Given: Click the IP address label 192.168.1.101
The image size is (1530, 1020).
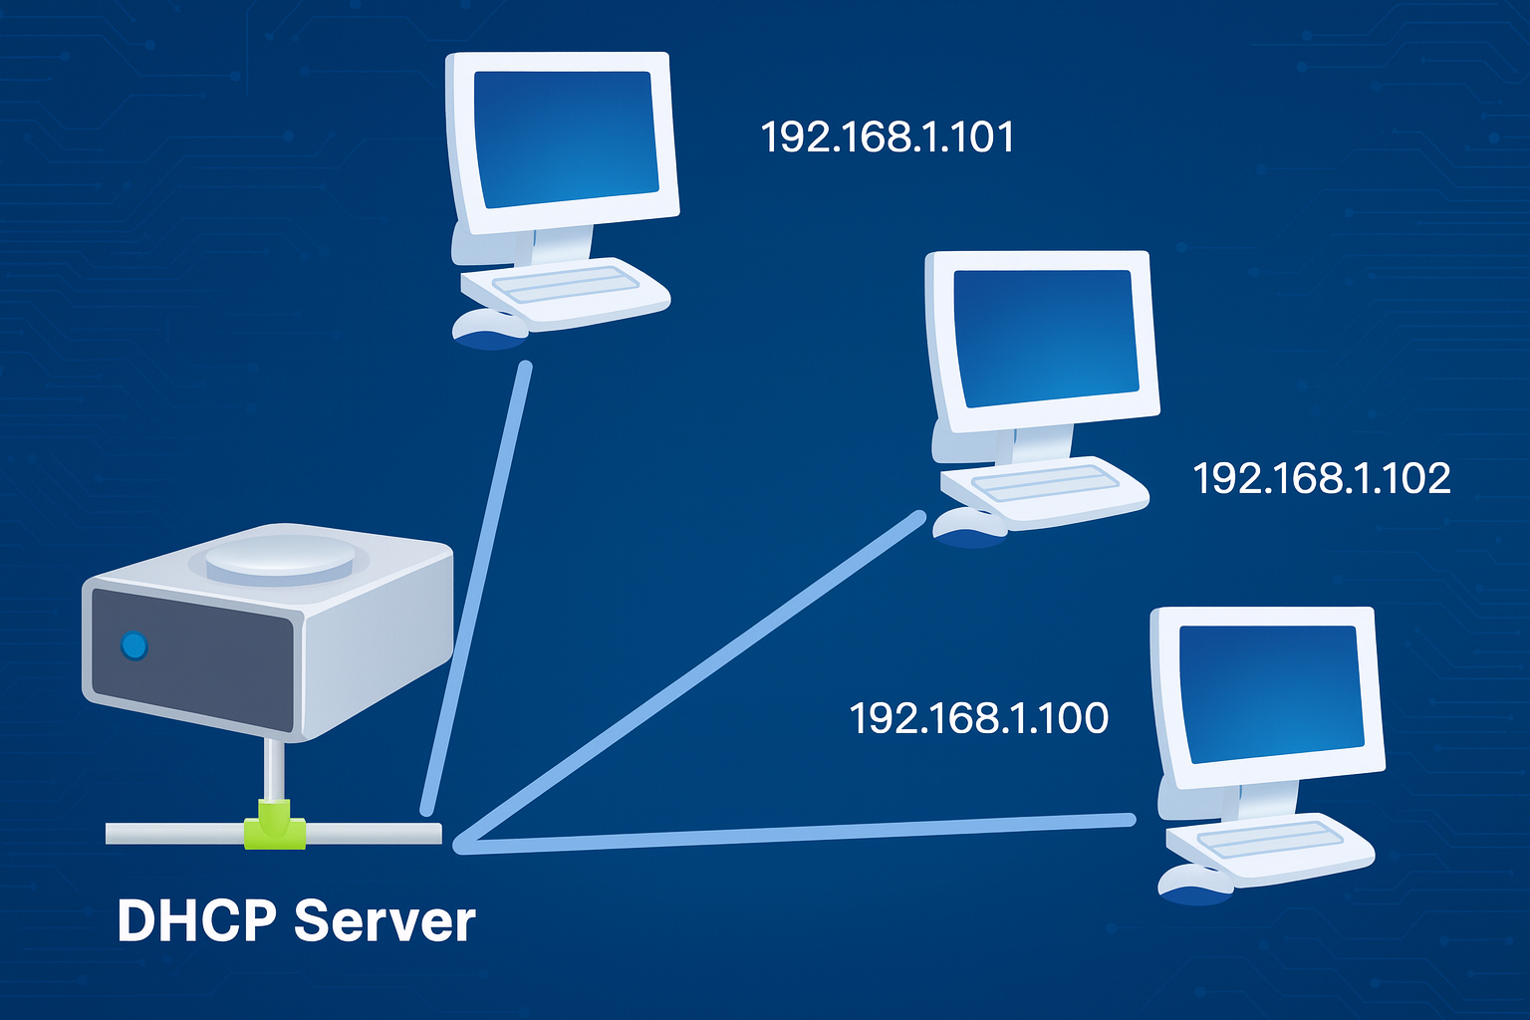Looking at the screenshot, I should point(888,137).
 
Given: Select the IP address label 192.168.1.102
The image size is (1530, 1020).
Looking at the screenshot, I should point(1321,479).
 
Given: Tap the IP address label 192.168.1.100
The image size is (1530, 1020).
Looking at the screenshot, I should point(978,718).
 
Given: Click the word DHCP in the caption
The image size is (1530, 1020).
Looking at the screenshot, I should point(195,921).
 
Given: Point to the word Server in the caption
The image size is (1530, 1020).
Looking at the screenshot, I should point(384,921).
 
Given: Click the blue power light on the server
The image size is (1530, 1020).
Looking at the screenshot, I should point(133,646).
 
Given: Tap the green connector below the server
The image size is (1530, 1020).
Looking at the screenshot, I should point(275,824).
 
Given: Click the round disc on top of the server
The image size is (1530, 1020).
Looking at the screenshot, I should point(279,559).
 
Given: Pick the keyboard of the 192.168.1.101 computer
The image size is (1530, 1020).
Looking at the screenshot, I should point(564,287).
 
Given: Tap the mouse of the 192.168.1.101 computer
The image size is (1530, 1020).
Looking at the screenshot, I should point(485,327).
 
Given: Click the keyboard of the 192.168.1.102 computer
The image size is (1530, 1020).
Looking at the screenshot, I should point(1044,485).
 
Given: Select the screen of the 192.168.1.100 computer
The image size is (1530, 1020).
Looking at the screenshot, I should point(1271,693).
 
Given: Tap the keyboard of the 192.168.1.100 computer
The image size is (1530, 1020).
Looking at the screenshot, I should point(1269,843).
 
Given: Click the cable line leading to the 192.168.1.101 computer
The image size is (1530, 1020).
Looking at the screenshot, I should point(476,588).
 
